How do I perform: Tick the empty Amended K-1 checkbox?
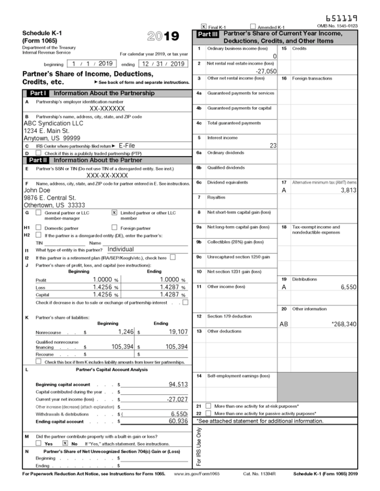coord(253,27)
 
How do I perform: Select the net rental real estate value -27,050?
coord(262,71)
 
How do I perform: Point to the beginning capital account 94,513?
coord(178,384)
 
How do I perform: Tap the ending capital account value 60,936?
coord(178,421)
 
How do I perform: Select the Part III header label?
coord(207,35)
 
